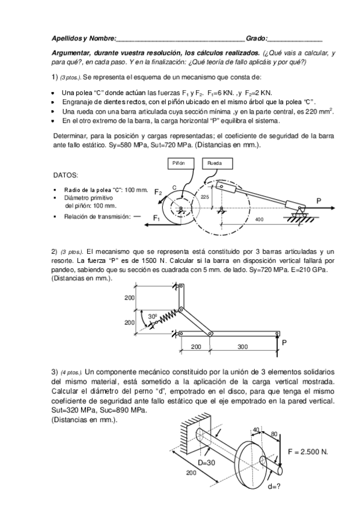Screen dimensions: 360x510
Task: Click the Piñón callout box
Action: [x=181, y=163]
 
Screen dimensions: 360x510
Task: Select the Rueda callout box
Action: [x=218, y=163]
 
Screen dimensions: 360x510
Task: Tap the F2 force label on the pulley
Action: [x=158, y=192]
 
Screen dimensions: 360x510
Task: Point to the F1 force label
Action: [x=157, y=218]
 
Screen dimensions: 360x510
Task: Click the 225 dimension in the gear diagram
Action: [x=205, y=197]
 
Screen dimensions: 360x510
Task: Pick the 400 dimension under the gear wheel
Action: [x=259, y=220]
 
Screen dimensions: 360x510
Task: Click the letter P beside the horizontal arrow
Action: [x=319, y=201]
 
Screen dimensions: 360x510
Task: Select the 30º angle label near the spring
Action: [x=153, y=316]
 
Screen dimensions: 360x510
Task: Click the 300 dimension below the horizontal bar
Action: [x=242, y=347]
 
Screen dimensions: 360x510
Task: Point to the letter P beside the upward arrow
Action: [x=284, y=342]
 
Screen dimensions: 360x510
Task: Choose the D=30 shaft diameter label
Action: [x=206, y=462]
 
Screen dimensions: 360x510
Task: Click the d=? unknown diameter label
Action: [x=274, y=487]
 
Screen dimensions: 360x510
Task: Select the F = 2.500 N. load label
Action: [x=308, y=452]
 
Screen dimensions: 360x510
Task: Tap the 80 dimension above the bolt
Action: [x=274, y=434]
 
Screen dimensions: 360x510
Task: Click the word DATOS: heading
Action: [x=66, y=176]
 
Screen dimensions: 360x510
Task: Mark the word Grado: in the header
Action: [x=257, y=38]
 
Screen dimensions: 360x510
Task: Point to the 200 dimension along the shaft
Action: [x=191, y=473]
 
